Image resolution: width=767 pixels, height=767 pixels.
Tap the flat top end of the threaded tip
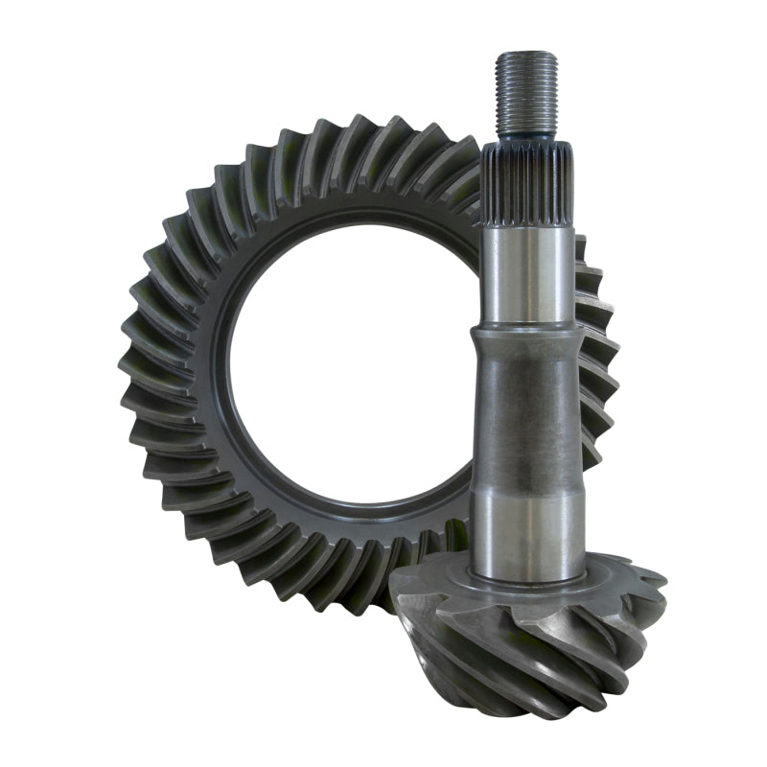pyautogui.click(x=526, y=56)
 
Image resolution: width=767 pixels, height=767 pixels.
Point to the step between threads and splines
pyautogui.click(x=526, y=140)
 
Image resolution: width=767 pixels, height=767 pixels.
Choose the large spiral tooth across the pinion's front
pyautogui.click(x=537, y=662)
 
